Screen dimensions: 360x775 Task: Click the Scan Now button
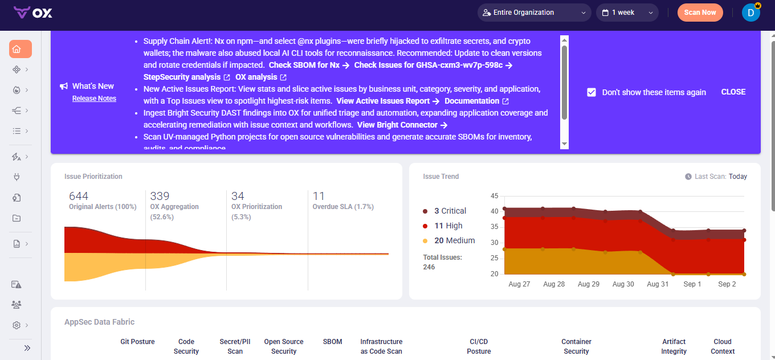point(700,13)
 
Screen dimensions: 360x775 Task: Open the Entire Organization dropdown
point(533,13)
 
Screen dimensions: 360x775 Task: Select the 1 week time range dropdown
point(627,13)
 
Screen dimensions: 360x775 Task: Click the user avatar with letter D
point(750,13)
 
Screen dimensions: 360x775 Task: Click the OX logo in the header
point(33,13)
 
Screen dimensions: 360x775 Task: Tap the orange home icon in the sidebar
point(20,49)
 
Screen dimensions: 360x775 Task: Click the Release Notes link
point(94,99)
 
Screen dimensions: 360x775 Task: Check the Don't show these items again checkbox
point(592,92)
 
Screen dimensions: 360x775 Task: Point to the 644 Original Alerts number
point(79,197)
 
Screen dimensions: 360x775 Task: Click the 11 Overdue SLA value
point(319,197)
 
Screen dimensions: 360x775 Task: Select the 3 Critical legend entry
point(450,211)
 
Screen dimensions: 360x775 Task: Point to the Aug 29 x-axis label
point(588,284)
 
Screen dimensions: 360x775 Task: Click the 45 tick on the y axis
point(494,196)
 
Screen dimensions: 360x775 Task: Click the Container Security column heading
point(576,346)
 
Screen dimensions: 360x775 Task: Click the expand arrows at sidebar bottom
point(27,348)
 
